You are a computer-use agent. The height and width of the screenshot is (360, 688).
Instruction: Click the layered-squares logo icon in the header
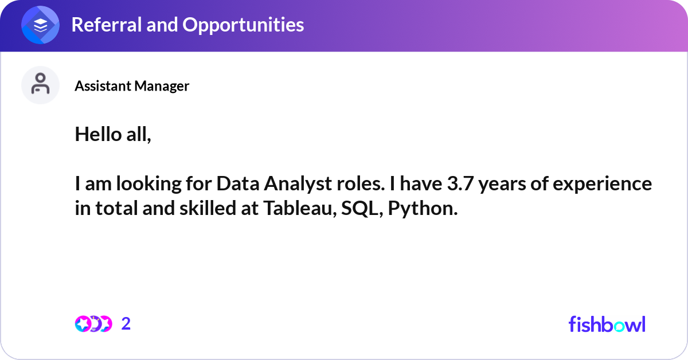(x=40, y=25)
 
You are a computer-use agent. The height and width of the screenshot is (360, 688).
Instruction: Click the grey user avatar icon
(x=40, y=85)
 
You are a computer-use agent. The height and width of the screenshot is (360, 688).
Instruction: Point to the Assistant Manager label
(x=132, y=86)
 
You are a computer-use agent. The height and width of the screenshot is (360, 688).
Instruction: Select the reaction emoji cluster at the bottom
(x=93, y=324)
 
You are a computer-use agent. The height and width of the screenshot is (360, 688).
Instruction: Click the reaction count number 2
(x=126, y=324)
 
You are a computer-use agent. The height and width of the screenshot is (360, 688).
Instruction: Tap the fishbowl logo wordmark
(x=607, y=324)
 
